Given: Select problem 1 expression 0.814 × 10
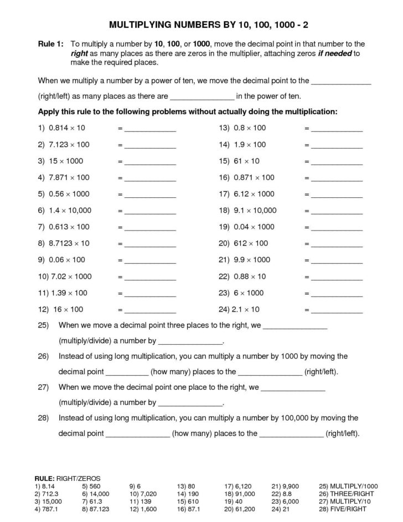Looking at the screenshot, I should coord(61,128).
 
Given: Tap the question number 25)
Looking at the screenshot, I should coord(44,326).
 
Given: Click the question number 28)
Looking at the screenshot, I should coord(44,418).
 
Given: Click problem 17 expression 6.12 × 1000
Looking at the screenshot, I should coord(246,194).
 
